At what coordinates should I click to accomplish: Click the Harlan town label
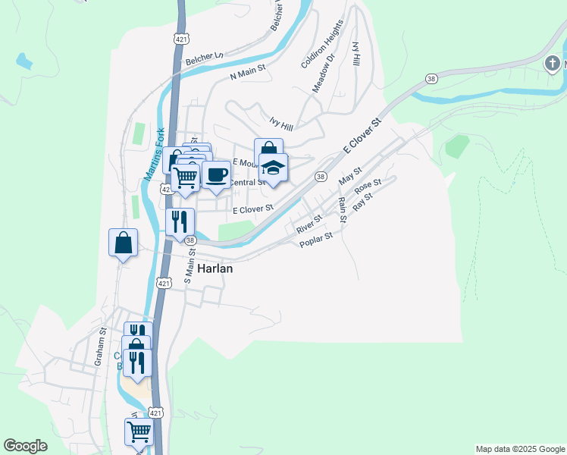point(215,268)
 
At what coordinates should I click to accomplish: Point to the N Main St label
point(247,72)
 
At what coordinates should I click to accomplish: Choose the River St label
point(309,223)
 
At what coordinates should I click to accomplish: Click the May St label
point(350,178)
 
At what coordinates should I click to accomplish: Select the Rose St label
point(368,187)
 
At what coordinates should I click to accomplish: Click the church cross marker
point(553,64)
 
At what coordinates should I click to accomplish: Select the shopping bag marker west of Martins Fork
point(123,243)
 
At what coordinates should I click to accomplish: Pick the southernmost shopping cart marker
point(139,431)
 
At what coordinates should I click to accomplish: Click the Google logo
point(25,446)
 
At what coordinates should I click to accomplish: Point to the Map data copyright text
point(520,449)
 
